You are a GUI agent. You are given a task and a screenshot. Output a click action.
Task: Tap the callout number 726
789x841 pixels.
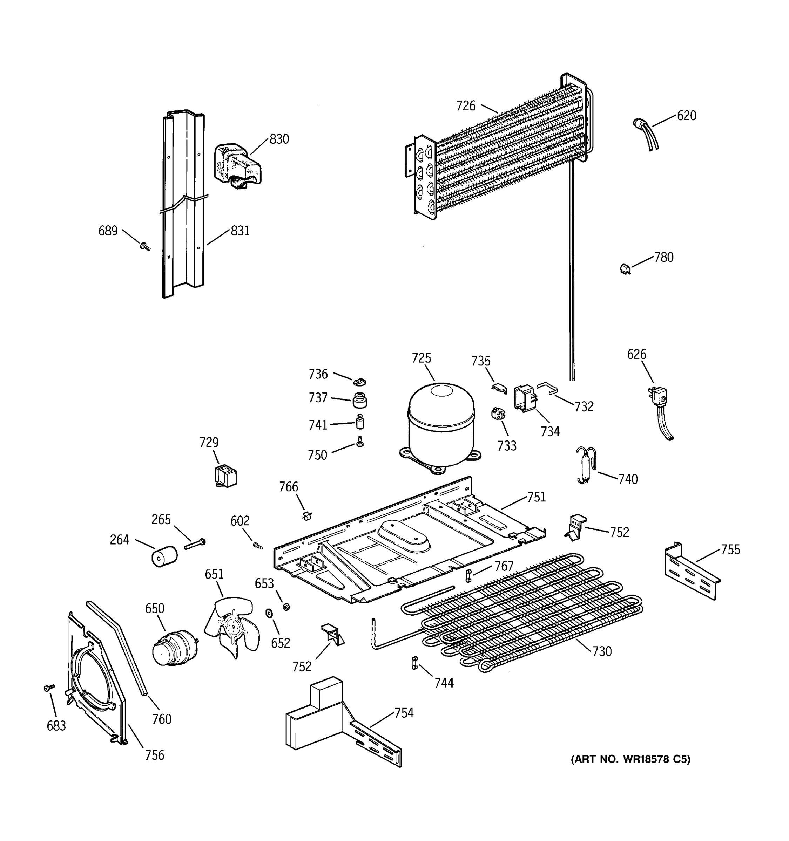point(466,106)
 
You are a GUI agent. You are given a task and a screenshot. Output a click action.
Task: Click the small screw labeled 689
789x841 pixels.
point(145,246)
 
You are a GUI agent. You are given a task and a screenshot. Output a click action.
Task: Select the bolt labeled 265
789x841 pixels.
point(195,545)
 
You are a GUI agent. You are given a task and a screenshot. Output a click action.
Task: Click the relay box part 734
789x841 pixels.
point(525,398)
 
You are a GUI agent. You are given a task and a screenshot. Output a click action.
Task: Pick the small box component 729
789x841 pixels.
point(225,476)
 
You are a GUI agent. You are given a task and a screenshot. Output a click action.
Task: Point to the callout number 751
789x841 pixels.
point(536,497)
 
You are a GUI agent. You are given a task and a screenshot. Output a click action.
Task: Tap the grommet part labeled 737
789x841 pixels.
point(359,399)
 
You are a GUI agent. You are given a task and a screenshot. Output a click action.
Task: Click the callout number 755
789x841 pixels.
point(730,550)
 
